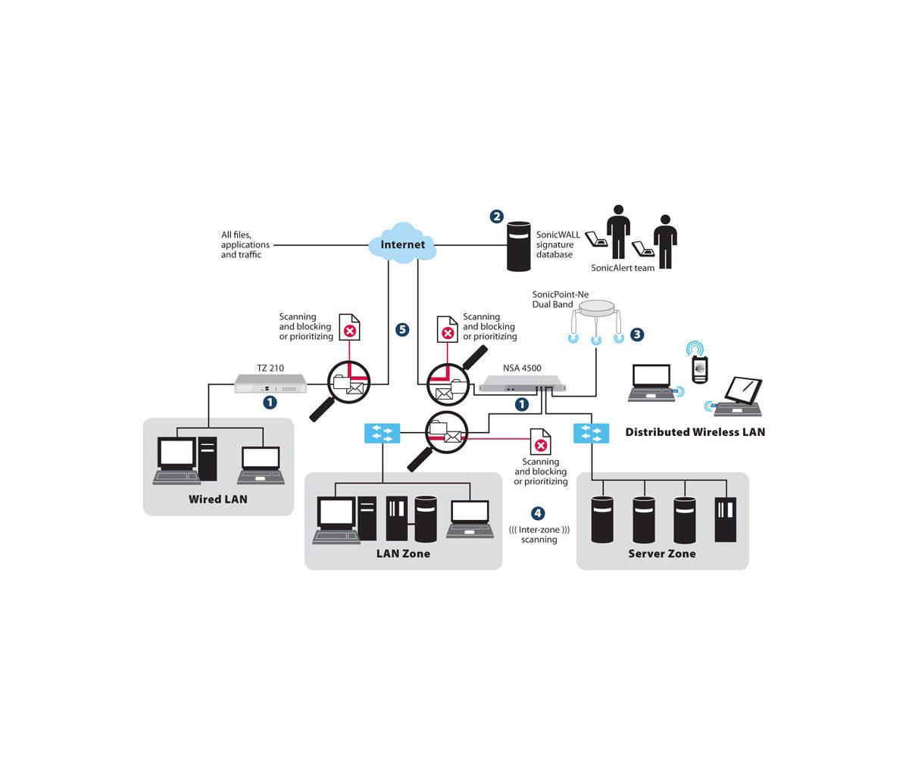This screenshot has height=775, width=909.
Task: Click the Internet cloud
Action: (402, 243)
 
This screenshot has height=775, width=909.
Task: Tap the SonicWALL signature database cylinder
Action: (518, 247)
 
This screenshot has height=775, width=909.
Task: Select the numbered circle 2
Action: (496, 216)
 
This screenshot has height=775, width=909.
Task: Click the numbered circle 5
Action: (402, 329)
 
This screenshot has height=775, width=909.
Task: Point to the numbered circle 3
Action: (637, 335)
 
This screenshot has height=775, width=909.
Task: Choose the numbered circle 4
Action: (538, 513)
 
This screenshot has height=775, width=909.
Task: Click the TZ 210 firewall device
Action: (270, 384)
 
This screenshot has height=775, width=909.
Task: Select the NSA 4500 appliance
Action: (522, 384)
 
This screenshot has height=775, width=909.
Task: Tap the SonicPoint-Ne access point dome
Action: (596, 309)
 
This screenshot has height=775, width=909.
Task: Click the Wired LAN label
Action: (217, 499)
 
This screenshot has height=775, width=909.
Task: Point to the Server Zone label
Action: (662, 553)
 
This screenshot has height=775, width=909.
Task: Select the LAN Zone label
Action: (403, 553)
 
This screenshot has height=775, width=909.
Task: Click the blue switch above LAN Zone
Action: (382, 433)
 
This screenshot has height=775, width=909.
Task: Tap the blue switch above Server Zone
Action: (592, 433)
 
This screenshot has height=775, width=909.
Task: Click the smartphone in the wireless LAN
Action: (699, 369)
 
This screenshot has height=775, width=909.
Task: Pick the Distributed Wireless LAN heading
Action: (695, 432)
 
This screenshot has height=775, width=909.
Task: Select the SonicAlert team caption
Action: (622, 268)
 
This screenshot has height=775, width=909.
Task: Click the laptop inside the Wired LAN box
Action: (261, 465)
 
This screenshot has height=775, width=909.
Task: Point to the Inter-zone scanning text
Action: (539, 534)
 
